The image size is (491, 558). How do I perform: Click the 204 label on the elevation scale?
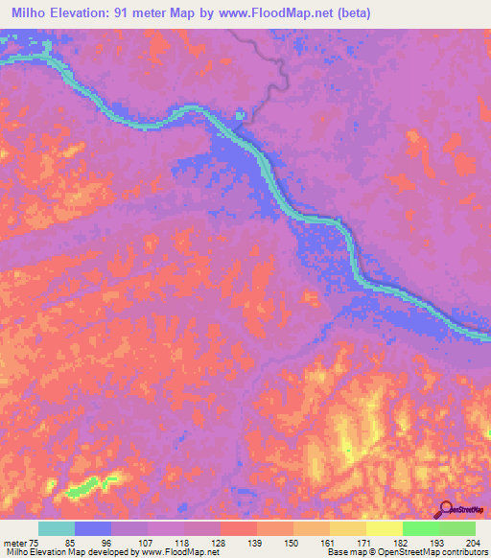(x=473, y=543)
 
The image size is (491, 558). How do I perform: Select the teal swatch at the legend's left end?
(x=57, y=528)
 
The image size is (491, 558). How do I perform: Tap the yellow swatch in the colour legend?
(x=384, y=528)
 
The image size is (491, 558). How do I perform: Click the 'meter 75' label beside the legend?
(x=21, y=543)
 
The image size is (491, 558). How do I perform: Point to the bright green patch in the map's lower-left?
(x=91, y=486)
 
